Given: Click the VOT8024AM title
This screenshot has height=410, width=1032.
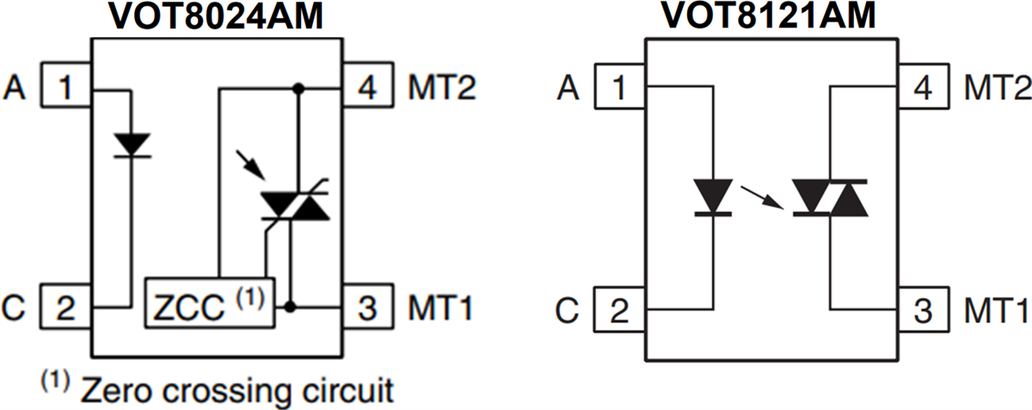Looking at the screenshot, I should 216,16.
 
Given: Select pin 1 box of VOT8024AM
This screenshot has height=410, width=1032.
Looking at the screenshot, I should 67,86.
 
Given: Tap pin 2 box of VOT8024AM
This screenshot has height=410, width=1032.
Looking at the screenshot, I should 67,307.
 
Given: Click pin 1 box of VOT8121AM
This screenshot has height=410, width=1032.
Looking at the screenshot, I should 621,87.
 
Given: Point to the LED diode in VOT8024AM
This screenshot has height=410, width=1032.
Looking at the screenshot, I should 132,144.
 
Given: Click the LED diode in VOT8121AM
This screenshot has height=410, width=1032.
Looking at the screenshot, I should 713,196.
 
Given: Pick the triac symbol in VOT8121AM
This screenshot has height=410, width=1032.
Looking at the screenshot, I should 829,197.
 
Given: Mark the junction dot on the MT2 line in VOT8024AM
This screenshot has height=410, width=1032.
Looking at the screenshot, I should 298,88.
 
